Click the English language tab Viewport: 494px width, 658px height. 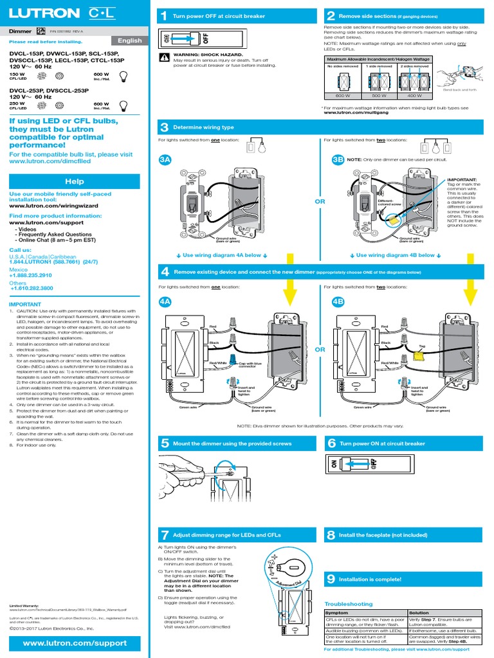coord(131,40)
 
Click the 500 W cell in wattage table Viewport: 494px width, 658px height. coord(379,95)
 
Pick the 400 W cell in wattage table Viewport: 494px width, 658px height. coord(414,95)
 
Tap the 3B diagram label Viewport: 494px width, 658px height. coord(337,160)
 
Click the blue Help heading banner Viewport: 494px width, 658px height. coord(75,182)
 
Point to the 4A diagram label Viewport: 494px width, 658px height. coord(165,301)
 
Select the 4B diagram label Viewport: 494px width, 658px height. coord(338,301)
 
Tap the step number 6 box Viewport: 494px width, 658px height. coord(331,443)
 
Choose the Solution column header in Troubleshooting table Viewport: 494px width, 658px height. coord(419,613)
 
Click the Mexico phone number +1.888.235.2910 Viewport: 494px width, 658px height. coord(31,275)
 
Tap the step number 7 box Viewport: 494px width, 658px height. coord(164,535)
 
